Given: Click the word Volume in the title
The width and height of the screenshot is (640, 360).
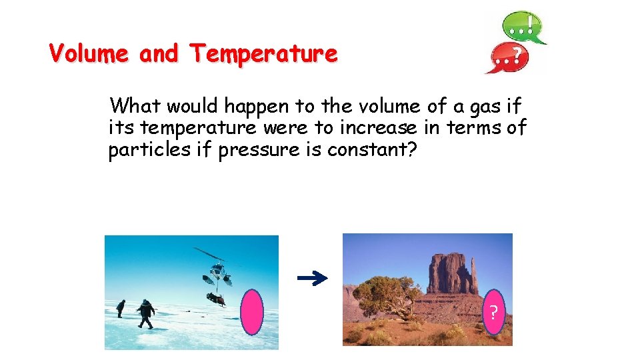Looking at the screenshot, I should coord(89,53).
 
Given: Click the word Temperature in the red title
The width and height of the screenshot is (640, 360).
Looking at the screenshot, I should coord(264,53).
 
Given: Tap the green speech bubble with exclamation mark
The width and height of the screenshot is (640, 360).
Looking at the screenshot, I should coord(524,27).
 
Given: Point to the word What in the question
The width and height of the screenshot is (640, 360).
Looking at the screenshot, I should coord(135,106).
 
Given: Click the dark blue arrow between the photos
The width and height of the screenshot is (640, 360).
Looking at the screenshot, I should coord(312,279).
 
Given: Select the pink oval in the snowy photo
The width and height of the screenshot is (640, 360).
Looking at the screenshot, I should coord(252,311).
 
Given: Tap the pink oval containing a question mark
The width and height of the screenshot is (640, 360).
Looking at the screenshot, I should coord(493,312).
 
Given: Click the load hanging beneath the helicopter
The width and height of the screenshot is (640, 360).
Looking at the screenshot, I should coord(214,298).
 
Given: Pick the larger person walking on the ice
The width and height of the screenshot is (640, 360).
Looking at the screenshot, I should coord(145,313).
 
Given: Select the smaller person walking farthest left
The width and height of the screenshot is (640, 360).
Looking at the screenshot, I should coord(121,309).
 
